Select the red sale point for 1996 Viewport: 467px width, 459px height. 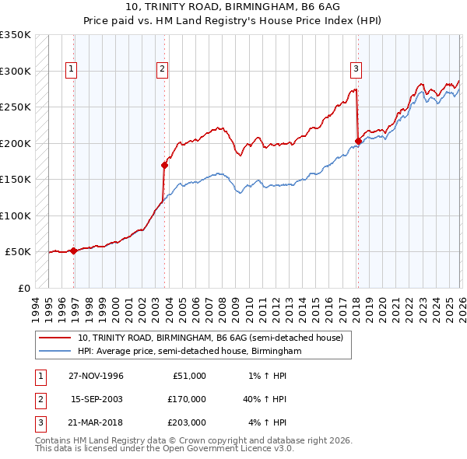[73, 251]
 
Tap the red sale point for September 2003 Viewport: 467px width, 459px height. [164, 165]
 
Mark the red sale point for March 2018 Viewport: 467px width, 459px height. [358, 141]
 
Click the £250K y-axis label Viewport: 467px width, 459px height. [16, 107]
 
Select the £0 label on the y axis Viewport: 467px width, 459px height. [23, 288]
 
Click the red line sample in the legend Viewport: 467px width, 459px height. [55, 338]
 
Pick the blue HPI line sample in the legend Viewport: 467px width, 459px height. [55, 351]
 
